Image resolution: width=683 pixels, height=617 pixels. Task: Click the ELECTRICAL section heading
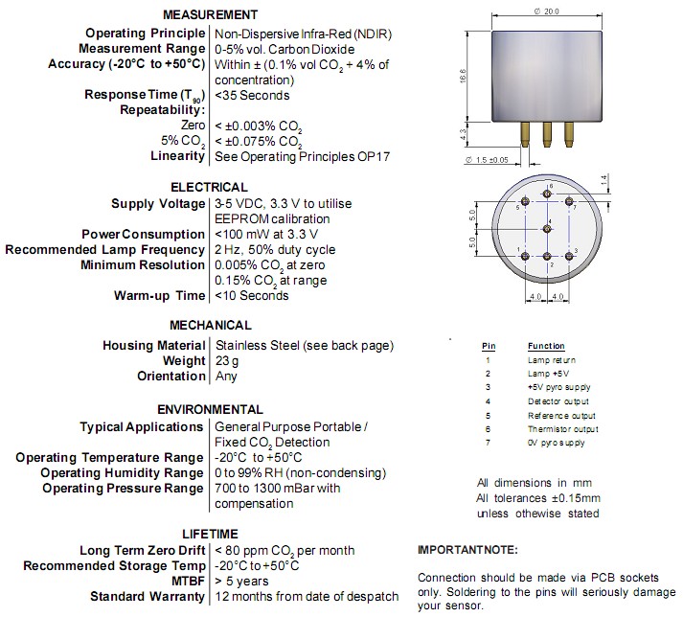click(x=209, y=187)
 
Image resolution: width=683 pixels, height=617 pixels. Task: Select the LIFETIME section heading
click(x=210, y=534)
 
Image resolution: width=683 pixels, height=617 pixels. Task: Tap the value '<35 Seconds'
click(x=252, y=95)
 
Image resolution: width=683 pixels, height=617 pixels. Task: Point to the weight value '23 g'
click(x=228, y=360)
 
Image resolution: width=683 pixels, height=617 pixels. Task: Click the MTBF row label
click(x=187, y=581)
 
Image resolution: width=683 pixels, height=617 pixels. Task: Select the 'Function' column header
click(x=546, y=346)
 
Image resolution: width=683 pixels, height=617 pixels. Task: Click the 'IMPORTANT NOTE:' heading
click(x=467, y=550)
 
